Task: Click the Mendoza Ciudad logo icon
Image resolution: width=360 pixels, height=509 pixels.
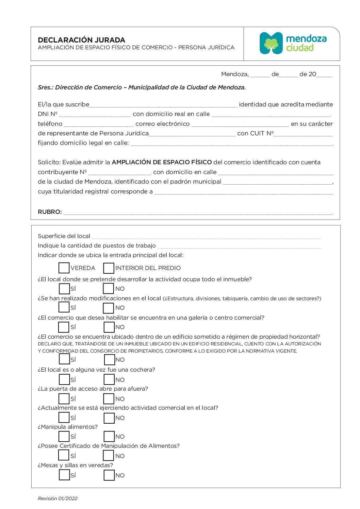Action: click(x=271, y=43)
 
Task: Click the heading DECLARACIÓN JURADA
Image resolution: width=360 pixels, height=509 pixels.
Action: click(x=82, y=40)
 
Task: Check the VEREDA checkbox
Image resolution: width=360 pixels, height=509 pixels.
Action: click(x=64, y=268)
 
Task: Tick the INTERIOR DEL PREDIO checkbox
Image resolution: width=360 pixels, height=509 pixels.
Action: click(x=109, y=268)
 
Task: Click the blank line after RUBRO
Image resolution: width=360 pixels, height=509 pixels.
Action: click(x=198, y=212)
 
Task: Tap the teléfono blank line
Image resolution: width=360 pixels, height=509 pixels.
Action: click(x=98, y=124)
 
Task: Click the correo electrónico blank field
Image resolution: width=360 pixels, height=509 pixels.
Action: click(x=240, y=124)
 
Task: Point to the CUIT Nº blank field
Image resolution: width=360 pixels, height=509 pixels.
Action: click(x=303, y=134)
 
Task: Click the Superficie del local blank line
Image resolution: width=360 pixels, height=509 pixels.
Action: click(x=206, y=236)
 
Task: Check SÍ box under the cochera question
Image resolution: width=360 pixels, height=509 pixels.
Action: click(x=64, y=379)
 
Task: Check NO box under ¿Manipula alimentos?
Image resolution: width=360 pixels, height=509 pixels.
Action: click(x=109, y=436)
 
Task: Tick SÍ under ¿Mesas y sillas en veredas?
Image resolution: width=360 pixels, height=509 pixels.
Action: click(x=64, y=475)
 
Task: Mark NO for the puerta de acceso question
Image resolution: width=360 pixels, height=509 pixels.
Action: click(x=109, y=398)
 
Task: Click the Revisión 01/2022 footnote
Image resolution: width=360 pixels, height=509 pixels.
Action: click(x=58, y=498)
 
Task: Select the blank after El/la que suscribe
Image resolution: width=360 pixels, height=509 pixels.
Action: click(x=163, y=105)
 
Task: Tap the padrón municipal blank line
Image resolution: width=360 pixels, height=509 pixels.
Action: click(x=277, y=182)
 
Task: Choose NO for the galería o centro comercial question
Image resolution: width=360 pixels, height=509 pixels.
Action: click(x=109, y=327)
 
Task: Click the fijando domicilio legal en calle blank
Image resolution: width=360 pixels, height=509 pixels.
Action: click(x=231, y=143)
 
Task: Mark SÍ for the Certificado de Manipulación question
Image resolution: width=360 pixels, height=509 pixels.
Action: click(x=64, y=455)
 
